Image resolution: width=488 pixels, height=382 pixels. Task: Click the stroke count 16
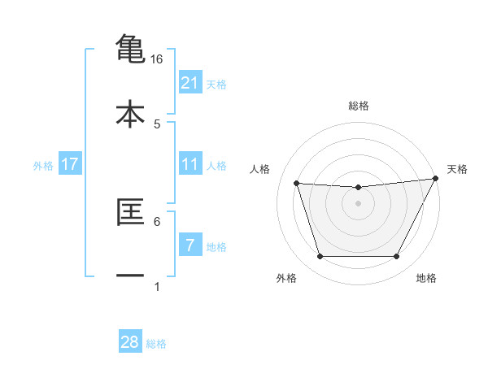(157, 59)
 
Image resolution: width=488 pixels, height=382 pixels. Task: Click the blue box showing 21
(190, 82)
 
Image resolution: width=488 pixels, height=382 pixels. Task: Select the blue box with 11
(190, 164)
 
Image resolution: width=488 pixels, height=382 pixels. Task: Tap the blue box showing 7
(190, 245)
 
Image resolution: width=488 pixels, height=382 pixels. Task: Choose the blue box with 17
(70, 164)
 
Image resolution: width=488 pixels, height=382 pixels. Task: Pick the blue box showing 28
(130, 342)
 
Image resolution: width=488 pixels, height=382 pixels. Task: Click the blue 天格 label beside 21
(216, 84)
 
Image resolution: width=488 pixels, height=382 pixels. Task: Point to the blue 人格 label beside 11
(216, 166)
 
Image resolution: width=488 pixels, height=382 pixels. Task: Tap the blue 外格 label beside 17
(43, 166)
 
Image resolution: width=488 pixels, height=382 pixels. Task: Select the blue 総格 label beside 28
(156, 344)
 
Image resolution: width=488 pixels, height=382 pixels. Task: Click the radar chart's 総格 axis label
(359, 106)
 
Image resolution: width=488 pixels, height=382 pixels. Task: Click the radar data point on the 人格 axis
(296, 183)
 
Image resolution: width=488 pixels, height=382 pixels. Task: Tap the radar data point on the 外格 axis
(320, 257)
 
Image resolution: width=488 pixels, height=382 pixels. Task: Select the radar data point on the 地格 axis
(397, 257)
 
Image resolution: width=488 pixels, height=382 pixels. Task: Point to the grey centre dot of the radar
(358, 203)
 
